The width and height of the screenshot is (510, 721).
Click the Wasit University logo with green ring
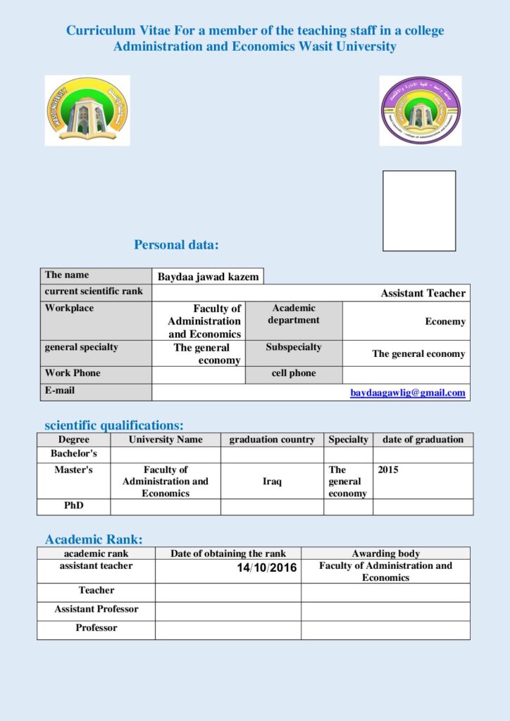pos(87,111)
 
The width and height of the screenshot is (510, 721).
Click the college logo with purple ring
pos(420,111)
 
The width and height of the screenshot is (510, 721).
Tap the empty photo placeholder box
pos(419,211)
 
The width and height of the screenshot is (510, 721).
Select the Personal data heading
pos(176,245)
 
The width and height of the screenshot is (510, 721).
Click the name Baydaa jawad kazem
pos(208,277)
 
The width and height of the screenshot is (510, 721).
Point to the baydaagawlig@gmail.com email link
pos(408,393)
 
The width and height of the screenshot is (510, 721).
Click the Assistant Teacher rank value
pos(423,293)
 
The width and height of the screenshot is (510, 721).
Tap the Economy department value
pos(444,321)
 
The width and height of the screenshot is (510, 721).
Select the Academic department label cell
pos(294,314)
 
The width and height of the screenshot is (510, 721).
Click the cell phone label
pos(294,373)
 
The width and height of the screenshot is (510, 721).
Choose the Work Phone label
pos(73,373)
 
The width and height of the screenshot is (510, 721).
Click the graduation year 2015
pos(388,470)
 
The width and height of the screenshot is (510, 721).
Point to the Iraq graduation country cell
pos(272,482)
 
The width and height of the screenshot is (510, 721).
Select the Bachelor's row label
pos(74,453)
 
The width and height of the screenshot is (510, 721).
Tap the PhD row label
pos(74,506)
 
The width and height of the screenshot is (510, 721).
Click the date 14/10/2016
pos(267,568)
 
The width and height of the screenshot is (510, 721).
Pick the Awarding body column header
pos(385,553)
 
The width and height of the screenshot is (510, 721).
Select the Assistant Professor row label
pos(97,609)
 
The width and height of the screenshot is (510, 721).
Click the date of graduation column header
pos(423,439)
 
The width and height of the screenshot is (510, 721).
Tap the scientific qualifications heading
pos(114,425)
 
